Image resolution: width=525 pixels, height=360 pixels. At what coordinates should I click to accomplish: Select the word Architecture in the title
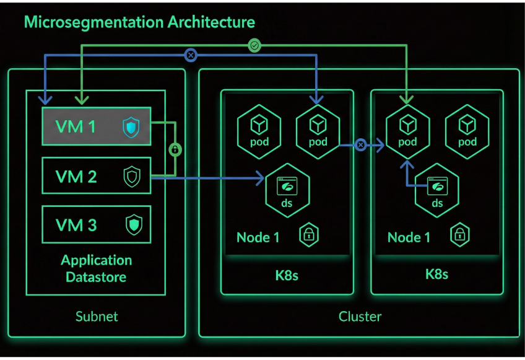[x=211, y=22]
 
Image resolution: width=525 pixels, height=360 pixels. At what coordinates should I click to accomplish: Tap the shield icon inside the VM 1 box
[x=131, y=128]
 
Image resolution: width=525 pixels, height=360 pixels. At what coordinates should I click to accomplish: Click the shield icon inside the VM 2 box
[x=132, y=177]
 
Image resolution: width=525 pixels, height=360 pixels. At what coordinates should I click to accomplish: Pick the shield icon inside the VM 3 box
[x=134, y=224]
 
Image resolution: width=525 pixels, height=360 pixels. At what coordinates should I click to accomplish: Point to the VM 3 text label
[x=76, y=225]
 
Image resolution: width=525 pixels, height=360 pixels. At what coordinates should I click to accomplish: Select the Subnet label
[x=97, y=317]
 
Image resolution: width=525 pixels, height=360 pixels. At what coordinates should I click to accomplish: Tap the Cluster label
[x=360, y=317]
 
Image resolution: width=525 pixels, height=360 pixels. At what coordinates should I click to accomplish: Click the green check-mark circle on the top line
[x=254, y=45]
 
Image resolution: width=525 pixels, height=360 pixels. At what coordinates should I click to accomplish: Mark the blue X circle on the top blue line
[x=191, y=56]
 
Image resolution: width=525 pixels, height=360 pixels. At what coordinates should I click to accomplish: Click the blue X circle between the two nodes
[x=360, y=146]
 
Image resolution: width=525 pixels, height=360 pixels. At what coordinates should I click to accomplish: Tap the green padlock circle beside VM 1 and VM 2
[x=175, y=150]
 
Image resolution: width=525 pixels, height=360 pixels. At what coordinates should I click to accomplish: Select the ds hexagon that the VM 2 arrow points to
[x=288, y=189]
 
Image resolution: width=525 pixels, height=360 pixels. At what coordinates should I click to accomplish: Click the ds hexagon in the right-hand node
[x=437, y=189]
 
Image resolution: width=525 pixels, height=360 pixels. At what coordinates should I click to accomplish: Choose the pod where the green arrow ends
[x=407, y=130]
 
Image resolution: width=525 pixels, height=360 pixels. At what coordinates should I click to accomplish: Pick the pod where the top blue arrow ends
[x=318, y=130]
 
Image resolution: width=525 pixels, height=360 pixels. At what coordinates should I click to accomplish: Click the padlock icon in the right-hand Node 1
[x=459, y=235]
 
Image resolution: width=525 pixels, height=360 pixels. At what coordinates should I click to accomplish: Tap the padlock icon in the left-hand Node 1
[x=309, y=235]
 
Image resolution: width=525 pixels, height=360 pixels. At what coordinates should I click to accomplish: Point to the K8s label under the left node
[x=287, y=274]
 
